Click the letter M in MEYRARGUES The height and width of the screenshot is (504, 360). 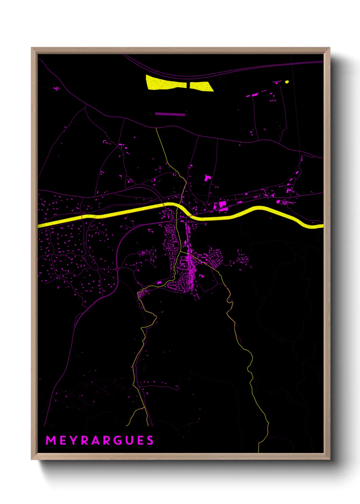coord(51,440)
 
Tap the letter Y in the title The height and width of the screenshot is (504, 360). coord(75,440)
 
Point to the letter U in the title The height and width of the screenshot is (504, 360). coord(129,440)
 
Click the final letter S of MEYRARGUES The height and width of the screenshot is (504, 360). coord(150,440)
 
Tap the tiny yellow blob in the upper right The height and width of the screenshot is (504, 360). coord(287,82)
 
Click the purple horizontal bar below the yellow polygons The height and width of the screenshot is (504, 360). coord(170,114)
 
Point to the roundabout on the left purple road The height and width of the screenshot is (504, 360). coord(117,269)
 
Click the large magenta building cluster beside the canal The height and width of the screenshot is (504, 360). coord(222,205)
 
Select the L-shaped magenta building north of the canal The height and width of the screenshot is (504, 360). coord(207,178)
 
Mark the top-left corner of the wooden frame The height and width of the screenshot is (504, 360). coord(32,48)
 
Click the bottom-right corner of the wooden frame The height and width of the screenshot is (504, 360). coord(329,459)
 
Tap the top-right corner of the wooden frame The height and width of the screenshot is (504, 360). coord(329,48)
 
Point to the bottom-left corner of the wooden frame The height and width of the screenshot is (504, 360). coord(32,459)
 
